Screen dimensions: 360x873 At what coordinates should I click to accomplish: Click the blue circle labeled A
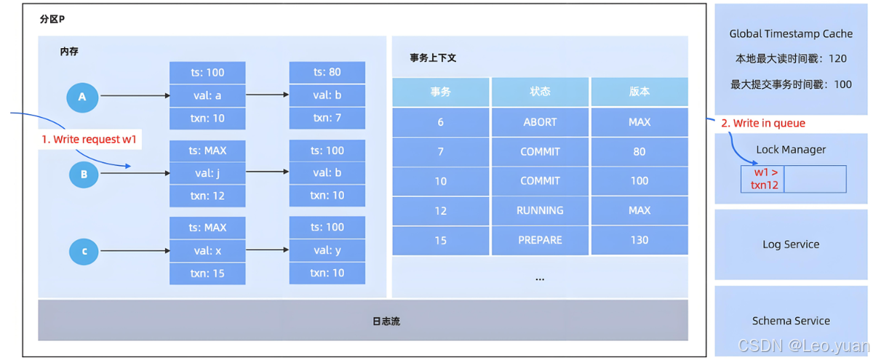(82, 97)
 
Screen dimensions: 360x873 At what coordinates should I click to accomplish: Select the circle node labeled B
(84, 175)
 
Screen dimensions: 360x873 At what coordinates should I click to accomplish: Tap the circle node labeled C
(84, 252)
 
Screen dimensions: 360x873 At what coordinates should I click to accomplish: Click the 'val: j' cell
(207, 173)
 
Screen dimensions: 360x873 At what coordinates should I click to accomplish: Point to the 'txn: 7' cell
(327, 118)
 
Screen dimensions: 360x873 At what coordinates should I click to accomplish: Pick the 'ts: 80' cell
(327, 72)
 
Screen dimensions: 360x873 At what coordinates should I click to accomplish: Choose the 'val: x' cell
(207, 250)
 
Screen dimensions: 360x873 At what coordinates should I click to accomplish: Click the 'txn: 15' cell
(207, 273)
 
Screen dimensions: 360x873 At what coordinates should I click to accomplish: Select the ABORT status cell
(540, 122)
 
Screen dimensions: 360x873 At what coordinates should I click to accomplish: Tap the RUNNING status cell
(540, 210)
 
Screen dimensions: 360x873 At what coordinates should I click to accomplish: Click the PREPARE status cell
(540, 240)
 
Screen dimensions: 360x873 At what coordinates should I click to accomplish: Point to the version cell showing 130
(639, 240)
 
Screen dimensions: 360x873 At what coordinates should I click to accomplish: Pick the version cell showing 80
(639, 151)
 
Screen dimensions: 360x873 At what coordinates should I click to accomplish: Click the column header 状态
(540, 92)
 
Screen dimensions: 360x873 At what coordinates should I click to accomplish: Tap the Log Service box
(791, 244)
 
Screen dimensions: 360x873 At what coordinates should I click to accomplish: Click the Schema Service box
(791, 321)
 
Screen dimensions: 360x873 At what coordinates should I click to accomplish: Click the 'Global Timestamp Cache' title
(791, 34)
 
